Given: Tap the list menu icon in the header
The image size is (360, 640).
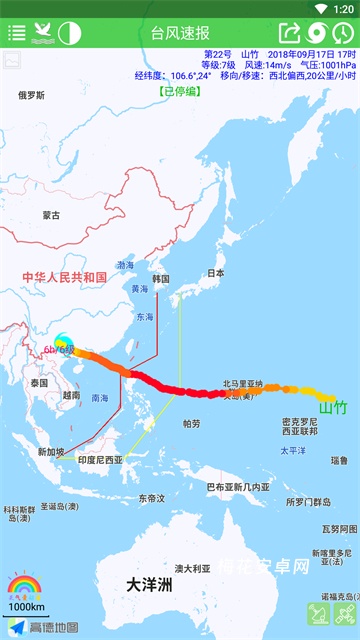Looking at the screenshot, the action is point(17,32).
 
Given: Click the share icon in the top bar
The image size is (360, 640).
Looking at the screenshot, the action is point(289,32).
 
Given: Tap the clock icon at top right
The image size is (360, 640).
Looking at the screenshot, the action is point(342,32).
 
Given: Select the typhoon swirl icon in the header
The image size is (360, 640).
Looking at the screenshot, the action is point(316,32).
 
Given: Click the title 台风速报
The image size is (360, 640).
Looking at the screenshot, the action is point(180,32).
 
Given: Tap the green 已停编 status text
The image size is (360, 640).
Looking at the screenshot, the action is point(179,91).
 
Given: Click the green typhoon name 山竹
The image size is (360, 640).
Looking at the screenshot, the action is point(332,407).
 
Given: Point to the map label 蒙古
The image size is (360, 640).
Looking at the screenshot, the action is point(51,215).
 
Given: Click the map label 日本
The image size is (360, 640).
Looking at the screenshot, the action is point(215,273).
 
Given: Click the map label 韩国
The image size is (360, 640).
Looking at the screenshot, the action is point(161,279).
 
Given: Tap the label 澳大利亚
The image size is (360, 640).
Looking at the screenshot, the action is point(193,568).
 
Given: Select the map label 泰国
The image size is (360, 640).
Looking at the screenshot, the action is point(40,383).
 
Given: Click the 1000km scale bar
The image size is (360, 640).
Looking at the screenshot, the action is point(26,607).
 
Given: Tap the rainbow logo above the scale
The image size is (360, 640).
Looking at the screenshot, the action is point(23,585).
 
